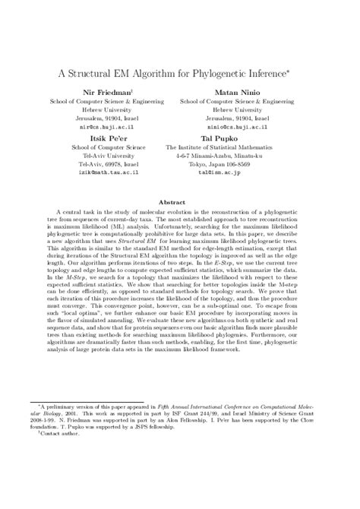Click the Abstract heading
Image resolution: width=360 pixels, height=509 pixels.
pos(179,203)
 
